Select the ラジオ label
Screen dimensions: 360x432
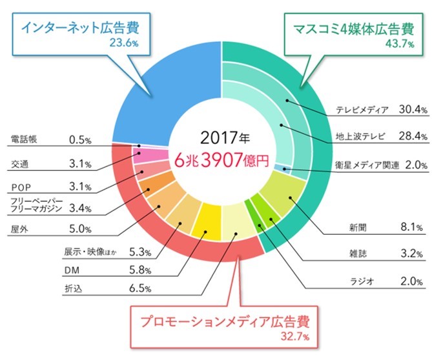[x=354, y=282]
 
